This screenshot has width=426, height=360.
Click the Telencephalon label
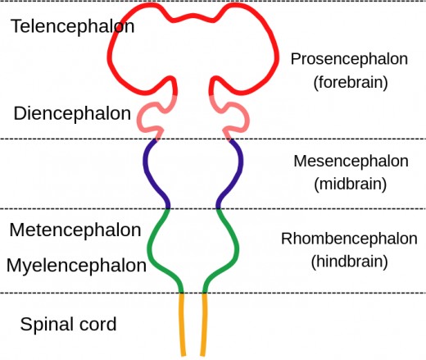(72, 26)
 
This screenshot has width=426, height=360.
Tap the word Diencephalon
(71, 114)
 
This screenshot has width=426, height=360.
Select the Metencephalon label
(75, 230)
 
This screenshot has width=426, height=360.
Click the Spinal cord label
(68, 324)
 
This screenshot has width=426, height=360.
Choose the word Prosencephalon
(350, 60)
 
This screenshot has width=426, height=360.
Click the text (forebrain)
(350, 83)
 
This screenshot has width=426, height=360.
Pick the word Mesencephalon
(350, 161)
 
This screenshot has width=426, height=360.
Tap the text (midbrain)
(350, 184)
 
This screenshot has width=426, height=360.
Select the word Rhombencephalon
(350, 239)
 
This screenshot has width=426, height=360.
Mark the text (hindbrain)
(350, 262)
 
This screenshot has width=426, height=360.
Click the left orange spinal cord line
(183, 324)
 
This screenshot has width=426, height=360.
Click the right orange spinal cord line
(203, 324)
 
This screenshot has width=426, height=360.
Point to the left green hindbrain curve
(151, 246)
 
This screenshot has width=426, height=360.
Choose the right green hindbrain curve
(237, 246)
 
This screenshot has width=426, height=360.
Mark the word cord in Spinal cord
(95, 324)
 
